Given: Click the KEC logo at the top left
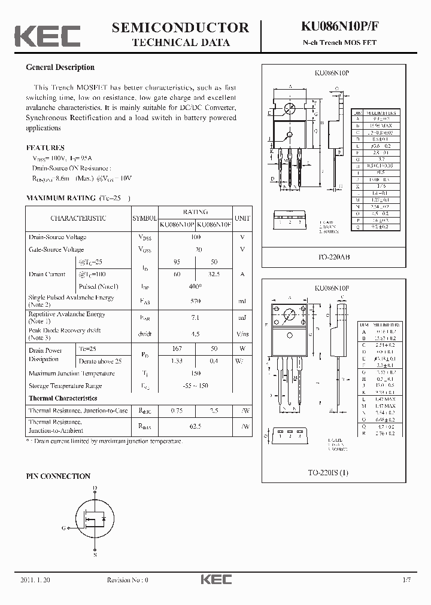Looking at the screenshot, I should [47, 36].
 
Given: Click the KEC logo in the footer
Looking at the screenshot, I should [215, 579].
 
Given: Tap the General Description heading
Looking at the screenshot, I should [60, 68].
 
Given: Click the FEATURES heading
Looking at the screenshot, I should [45, 148].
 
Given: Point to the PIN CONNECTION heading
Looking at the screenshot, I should [58, 476].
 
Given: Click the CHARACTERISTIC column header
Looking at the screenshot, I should [78, 219].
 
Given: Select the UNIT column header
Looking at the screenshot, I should [242, 219].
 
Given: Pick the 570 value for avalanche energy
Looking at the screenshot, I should [195, 301].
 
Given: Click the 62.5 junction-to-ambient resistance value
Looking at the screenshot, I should [195, 427].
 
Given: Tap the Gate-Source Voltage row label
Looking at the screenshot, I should [56, 250].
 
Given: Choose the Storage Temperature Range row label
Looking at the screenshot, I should [65, 386].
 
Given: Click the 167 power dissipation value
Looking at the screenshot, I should [176, 349].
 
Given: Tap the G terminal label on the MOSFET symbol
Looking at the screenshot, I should [64, 528].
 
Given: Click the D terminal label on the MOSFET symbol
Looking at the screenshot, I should [95, 488].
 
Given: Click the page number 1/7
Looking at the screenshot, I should [407, 580].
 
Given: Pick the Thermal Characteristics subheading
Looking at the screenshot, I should [63, 398].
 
